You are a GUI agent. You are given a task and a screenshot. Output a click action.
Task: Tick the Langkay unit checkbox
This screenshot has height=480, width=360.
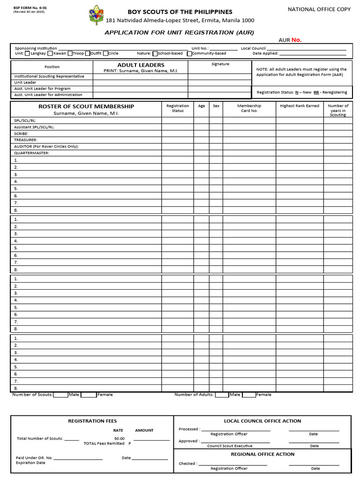click(27, 53)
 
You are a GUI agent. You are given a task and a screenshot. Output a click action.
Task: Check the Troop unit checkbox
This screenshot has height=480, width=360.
click(69, 53)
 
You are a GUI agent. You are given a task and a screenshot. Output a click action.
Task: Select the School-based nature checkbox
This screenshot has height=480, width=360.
click(155, 53)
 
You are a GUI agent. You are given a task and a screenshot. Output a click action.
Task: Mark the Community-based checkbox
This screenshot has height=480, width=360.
click(189, 53)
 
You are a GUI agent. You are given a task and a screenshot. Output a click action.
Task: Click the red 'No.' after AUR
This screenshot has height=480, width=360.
click(296, 40)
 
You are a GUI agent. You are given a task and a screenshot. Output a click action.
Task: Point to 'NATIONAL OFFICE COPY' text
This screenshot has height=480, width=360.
click(319, 9)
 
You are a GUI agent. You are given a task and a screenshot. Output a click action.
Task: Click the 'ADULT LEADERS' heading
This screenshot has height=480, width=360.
click(141, 65)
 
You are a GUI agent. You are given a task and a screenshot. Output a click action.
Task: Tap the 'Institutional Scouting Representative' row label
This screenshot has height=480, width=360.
click(49, 76)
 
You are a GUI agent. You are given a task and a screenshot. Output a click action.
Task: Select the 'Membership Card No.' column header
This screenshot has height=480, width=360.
click(249, 108)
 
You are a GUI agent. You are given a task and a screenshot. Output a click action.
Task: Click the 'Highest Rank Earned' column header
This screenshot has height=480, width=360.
click(299, 106)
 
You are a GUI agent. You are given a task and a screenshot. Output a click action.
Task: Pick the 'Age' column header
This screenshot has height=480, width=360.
click(202, 106)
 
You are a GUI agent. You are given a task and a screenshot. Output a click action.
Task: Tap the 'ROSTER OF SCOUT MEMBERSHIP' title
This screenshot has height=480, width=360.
click(86, 106)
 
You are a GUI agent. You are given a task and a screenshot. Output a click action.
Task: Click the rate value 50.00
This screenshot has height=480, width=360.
click(119, 438)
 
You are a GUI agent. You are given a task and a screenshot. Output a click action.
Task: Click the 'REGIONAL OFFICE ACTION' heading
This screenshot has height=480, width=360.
click(262, 454)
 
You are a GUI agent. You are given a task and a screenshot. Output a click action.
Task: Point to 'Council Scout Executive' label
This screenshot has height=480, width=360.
click(230, 446)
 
